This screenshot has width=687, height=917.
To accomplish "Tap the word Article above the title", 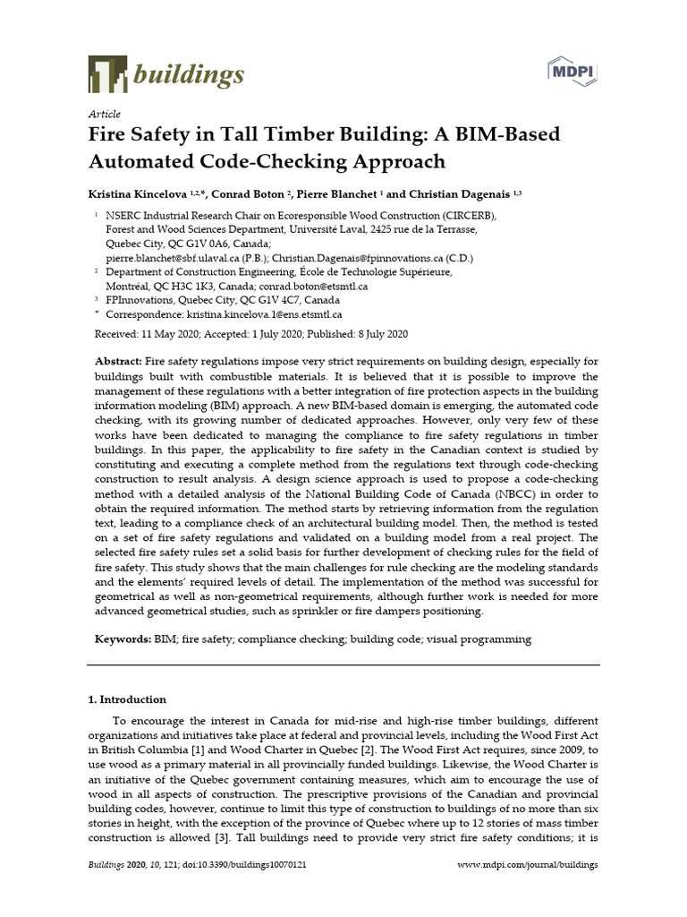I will [x=104, y=115].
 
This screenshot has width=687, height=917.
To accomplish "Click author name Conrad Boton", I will [x=267, y=194].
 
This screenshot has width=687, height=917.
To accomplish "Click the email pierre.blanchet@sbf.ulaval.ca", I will [x=179, y=258].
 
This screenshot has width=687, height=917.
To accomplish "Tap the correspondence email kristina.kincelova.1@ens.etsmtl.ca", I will [x=264, y=314].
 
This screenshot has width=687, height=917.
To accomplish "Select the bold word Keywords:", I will [x=123, y=639].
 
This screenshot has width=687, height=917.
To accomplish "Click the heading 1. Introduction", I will [x=126, y=699].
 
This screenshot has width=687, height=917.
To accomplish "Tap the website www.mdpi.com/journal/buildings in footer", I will [x=528, y=865].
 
